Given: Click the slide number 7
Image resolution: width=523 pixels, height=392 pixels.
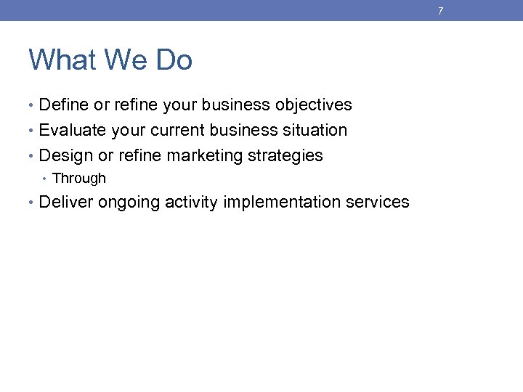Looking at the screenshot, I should (440, 11).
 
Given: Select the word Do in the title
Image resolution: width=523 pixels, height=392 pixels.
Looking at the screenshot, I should (174, 60).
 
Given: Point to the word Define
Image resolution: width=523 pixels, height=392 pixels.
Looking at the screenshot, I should (64, 105).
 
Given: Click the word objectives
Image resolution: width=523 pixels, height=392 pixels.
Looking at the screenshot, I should (313, 105).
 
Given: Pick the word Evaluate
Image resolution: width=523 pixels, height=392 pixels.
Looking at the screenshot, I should (71, 131).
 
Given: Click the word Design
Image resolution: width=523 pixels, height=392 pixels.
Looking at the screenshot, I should (65, 155).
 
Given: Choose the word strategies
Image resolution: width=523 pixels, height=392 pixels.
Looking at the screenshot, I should (285, 156).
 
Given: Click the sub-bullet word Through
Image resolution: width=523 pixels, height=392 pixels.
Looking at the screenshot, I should (79, 179).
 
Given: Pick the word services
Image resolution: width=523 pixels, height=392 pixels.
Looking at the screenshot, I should (378, 203).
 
